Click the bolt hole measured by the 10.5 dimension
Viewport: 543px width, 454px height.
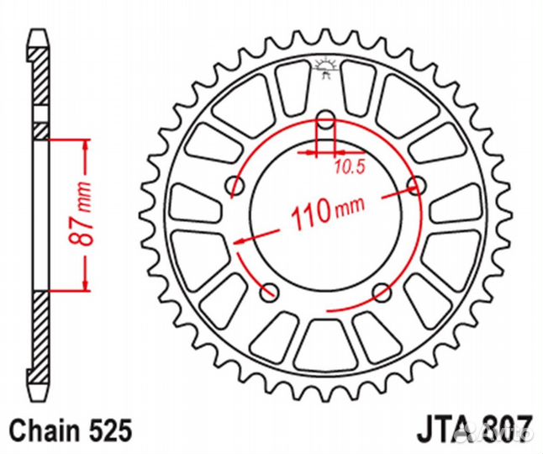click(324, 121)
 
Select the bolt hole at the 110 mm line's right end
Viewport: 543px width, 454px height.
click(413, 184)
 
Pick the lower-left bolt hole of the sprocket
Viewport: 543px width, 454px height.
click(269, 292)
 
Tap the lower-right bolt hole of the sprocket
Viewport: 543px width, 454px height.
click(382, 292)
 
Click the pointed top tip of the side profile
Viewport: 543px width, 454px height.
click(38, 36)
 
